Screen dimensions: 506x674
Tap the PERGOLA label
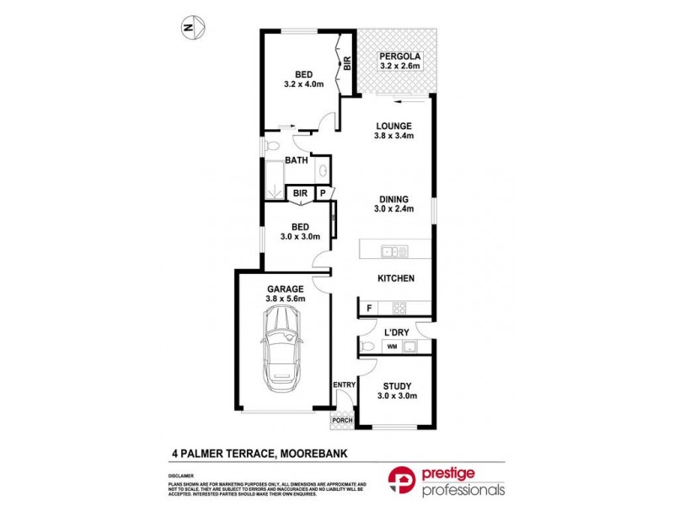399,56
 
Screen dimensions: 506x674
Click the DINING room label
394,200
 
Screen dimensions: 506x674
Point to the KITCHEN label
394,278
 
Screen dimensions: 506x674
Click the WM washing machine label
392,347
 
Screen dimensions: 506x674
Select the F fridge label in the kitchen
369,309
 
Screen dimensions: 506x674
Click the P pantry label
322,194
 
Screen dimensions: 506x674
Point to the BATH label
296,160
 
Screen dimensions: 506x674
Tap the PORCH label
342,420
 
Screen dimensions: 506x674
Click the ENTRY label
344,385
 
